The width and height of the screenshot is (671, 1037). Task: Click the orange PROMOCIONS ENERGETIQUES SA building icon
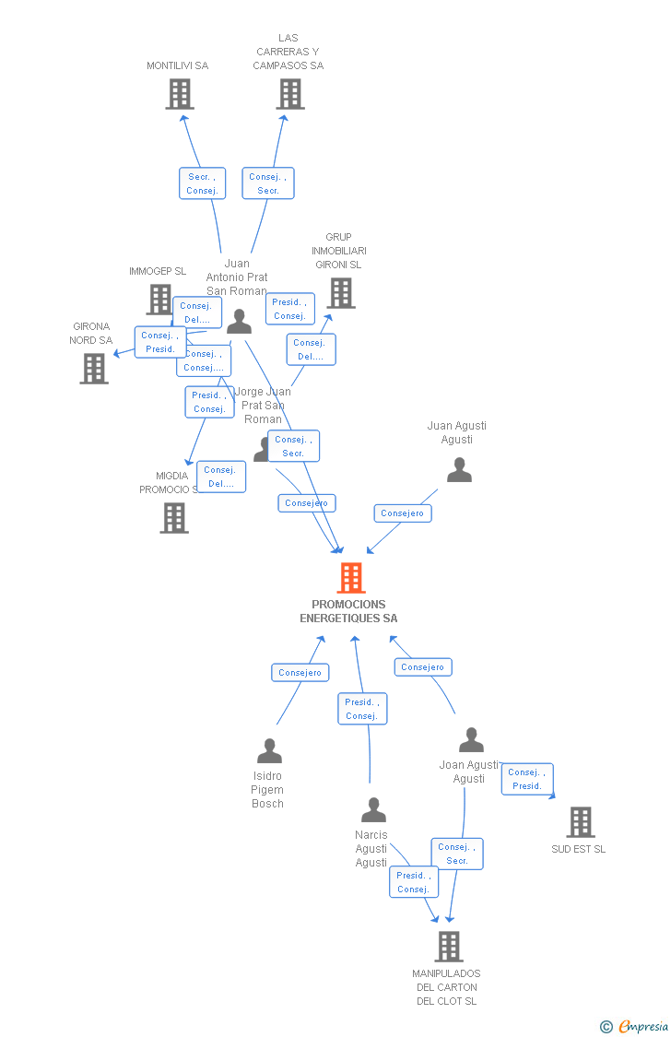pos(351,578)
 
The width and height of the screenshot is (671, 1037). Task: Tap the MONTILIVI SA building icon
pos(180,94)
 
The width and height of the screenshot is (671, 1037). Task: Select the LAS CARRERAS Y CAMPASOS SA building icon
pos(290,94)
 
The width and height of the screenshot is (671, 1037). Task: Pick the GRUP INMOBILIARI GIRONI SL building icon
pos(341,293)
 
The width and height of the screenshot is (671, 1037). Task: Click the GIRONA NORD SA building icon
pos(94,368)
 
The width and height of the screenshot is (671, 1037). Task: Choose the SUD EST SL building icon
pos(580,821)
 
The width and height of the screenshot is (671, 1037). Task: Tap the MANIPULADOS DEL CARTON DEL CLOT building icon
pos(448,946)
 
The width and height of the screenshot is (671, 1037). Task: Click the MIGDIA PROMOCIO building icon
pos(174,518)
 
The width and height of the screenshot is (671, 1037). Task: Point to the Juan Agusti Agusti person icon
pos(459,470)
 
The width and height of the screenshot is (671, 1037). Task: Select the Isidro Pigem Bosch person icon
pos(269,751)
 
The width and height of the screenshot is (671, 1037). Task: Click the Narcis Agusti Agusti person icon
pos(373,810)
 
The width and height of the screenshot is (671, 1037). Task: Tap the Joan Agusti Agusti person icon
pos(471,740)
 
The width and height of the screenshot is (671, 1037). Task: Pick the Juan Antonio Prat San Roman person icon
pos(240,322)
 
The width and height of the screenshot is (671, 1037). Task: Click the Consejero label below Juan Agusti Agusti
pos(403,513)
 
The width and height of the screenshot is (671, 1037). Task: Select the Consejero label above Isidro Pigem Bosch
pos(300,673)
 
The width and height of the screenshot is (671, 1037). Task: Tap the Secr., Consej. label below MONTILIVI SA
pos(202,183)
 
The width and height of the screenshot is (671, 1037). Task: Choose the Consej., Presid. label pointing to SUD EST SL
pos(527,779)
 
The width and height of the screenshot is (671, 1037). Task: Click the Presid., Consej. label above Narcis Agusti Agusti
pos(362,709)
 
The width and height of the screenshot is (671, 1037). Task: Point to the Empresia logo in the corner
pos(635,1027)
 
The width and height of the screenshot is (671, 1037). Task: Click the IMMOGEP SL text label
pos(158,271)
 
